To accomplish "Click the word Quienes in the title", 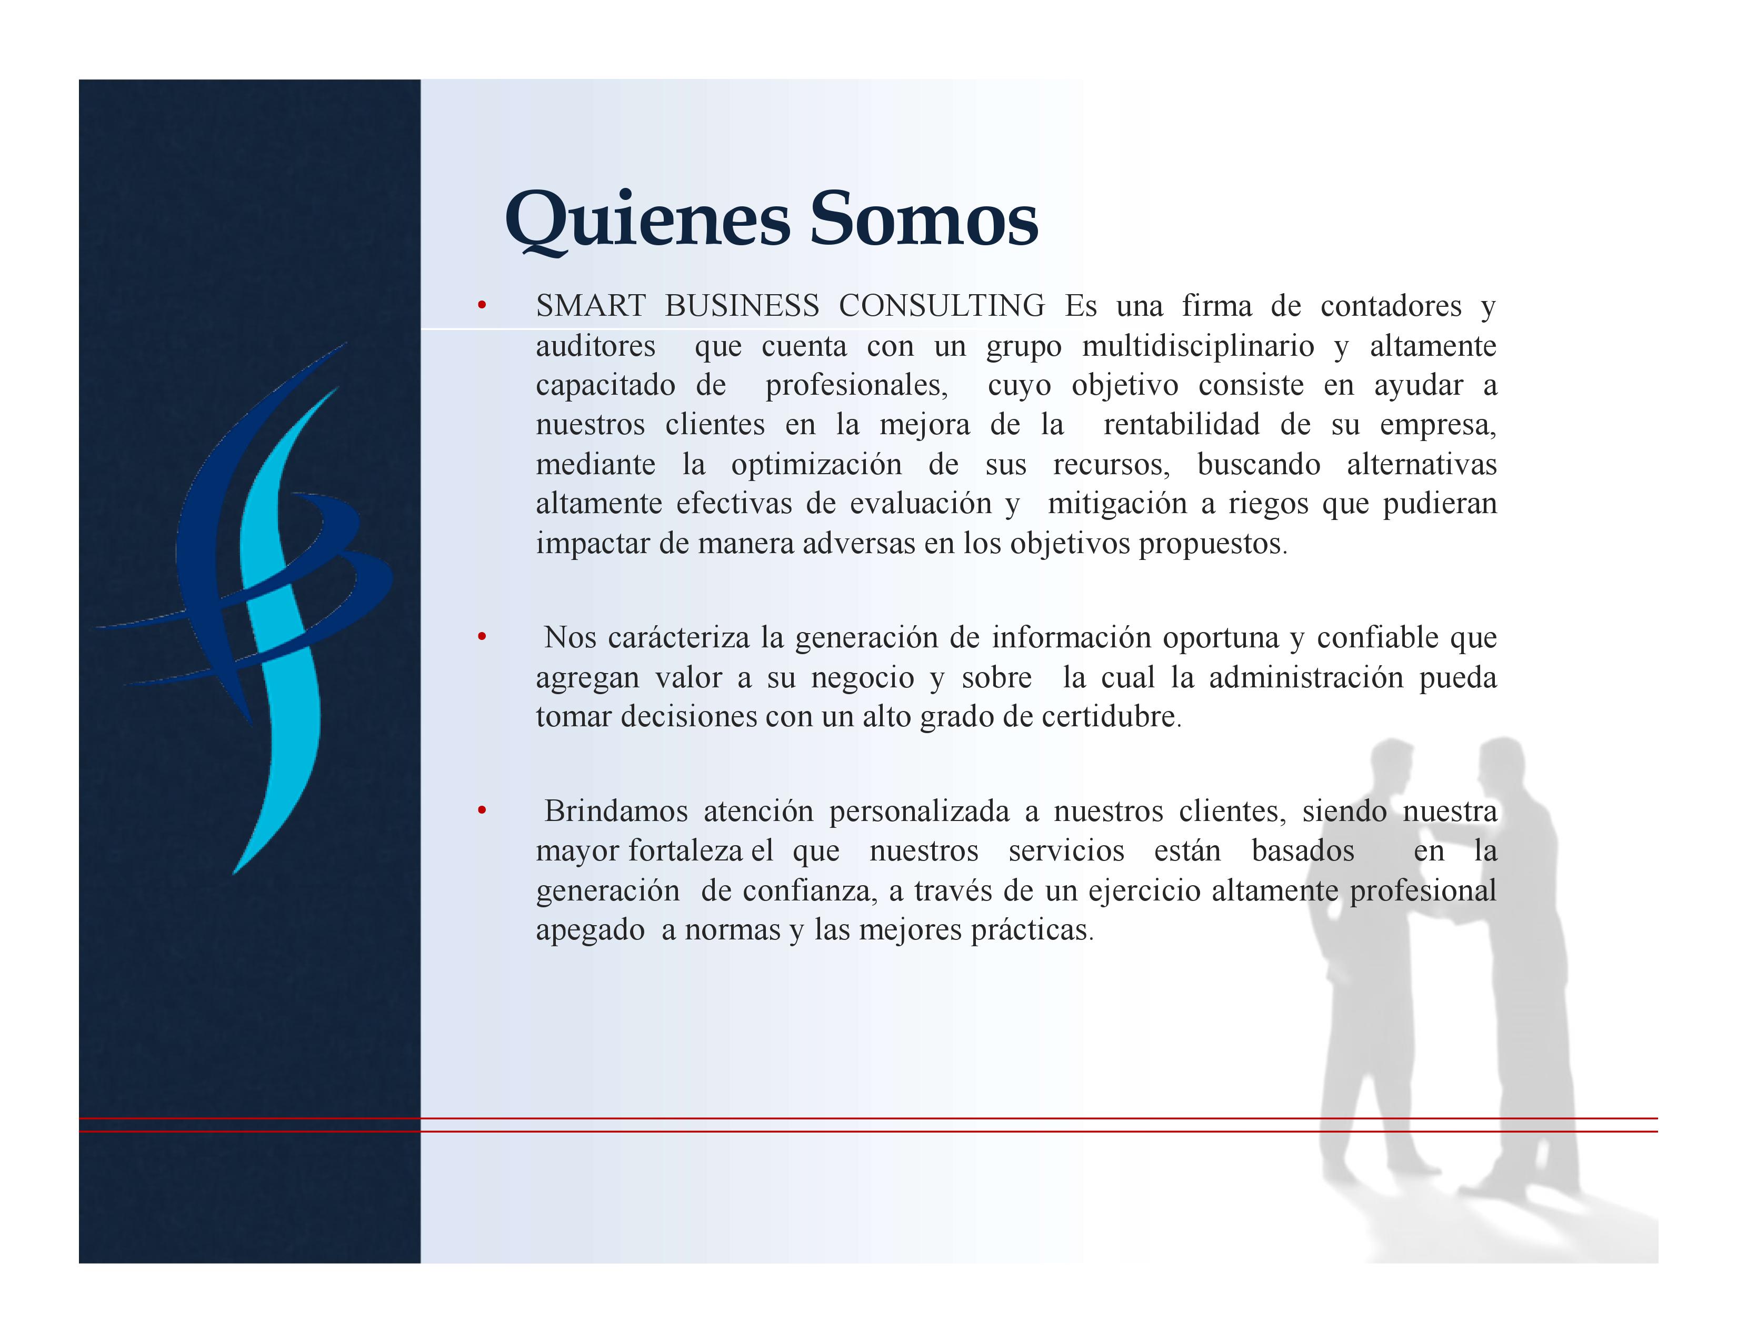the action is (648, 220).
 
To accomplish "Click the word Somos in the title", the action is (924, 218).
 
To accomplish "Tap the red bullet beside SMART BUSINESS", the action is (481, 305).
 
